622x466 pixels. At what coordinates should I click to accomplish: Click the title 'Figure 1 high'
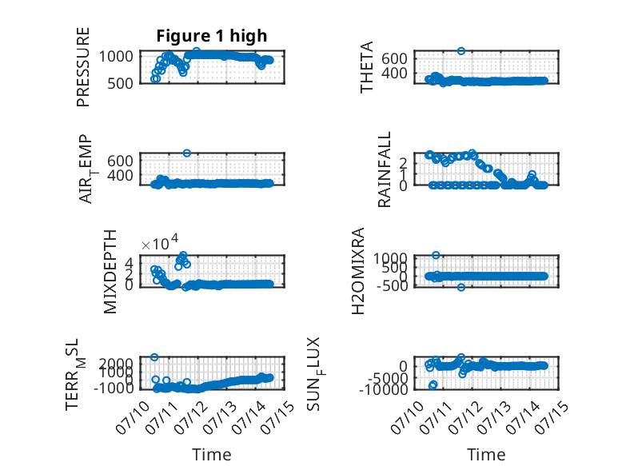pos(211,36)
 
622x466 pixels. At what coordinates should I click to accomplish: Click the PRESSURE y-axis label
pos(83,67)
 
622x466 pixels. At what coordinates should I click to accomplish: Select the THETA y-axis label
pos(367,67)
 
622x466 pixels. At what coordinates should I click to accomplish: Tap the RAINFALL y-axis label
pos(385,169)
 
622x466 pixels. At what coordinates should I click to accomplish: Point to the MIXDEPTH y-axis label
pos(110,272)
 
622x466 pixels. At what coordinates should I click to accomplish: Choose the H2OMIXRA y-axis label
pos(358,271)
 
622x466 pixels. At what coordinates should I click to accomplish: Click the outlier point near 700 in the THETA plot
pos(461,51)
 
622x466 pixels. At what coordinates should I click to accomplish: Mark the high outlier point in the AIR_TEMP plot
pos(187,153)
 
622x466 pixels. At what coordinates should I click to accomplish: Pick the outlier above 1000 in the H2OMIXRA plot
pos(436,255)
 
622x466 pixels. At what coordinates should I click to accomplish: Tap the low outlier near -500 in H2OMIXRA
pos(461,287)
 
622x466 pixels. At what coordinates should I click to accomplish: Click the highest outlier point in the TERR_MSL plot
pos(155,357)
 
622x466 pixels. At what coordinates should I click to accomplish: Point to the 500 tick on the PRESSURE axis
pos(120,84)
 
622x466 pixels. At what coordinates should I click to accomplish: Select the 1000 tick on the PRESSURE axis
pos(116,56)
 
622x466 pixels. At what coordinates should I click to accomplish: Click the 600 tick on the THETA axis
pos(394,58)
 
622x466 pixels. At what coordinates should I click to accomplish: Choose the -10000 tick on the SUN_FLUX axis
pos(383,389)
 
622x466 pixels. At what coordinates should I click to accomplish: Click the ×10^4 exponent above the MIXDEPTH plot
pos(160,242)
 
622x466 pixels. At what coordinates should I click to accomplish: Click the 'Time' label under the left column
pos(211,455)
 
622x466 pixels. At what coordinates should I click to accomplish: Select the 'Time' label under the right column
pos(486,455)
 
